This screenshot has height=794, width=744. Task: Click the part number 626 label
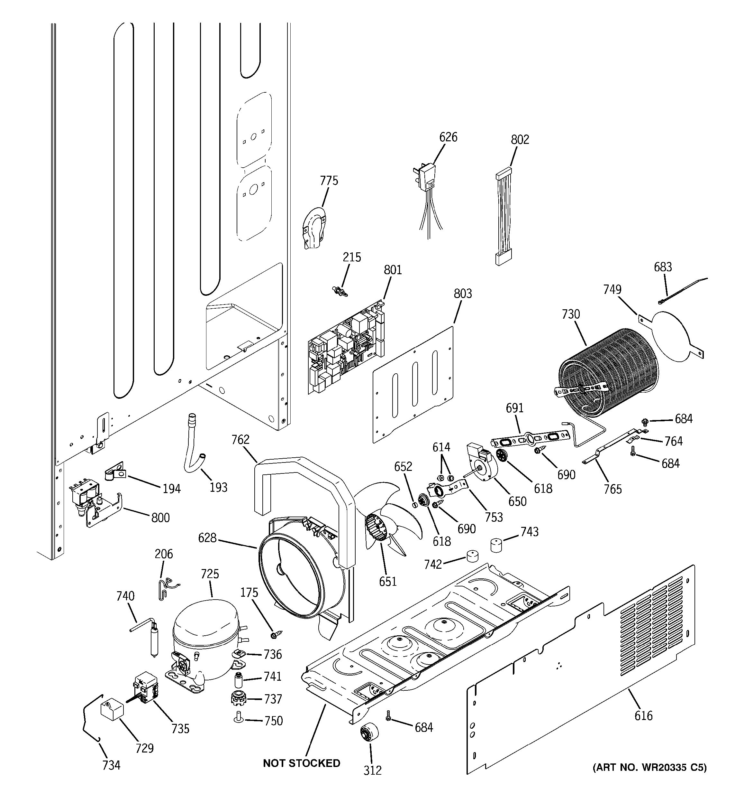(448, 137)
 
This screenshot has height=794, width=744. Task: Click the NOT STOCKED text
(302, 763)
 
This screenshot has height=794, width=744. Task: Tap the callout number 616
(643, 716)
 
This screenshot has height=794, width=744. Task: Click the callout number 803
(463, 294)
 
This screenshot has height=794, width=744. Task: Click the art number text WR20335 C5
(649, 767)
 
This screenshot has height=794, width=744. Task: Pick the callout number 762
(240, 440)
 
